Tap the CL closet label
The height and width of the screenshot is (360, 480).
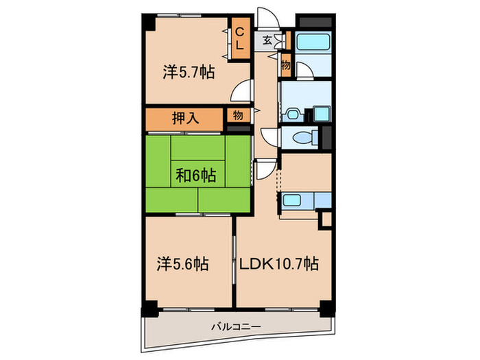pyautogui.click(x=241, y=38)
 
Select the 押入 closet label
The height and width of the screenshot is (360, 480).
pyautogui.click(x=185, y=118)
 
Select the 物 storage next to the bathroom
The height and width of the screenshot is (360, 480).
pyautogui.click(x=285, y=66)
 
